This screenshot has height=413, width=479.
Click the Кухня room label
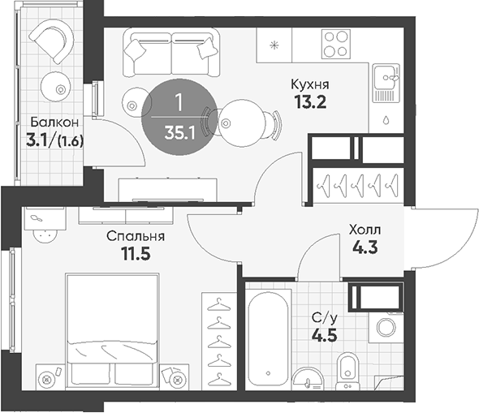point(310,85)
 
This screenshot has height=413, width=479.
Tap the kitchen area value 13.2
point(310,102)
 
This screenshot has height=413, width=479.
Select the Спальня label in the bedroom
point(136,236)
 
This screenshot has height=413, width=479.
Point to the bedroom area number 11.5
point(136,253)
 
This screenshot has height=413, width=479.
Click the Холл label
point(365,230)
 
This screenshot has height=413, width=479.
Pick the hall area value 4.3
point(365,247)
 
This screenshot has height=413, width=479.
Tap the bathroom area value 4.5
point(325,335)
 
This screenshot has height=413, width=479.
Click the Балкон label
point(54,123)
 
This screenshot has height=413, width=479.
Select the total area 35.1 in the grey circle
point(179,133)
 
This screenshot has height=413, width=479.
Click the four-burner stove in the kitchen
point(336,44)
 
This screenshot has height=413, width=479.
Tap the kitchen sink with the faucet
point(386,83)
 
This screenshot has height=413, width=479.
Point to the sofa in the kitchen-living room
point(171,53)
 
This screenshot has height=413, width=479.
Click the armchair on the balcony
point(52,41)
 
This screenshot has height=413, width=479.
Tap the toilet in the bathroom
point(347,371)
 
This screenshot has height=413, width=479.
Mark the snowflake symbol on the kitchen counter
point(274,45)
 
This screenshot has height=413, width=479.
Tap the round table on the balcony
point(56,87)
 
